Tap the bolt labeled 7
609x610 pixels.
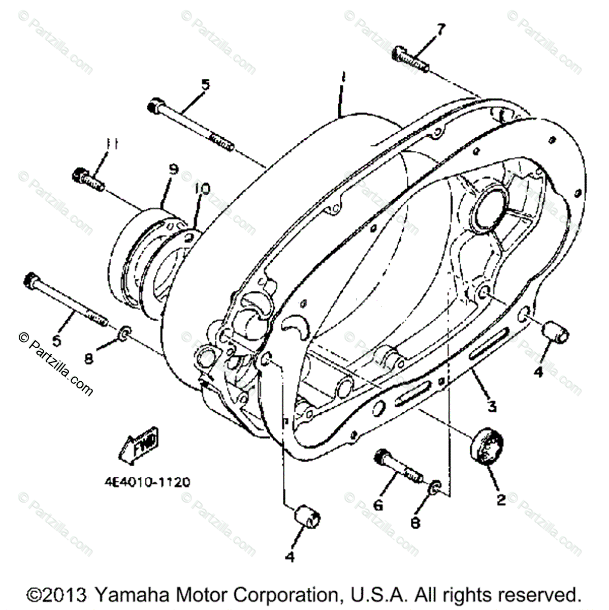(x=410, y=59)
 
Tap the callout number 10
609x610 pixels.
(x=202, y=190)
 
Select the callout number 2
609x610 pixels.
(x=501, y=500)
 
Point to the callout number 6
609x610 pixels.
(x=378, y=505)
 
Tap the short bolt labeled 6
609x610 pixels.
(x=399, y=466)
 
